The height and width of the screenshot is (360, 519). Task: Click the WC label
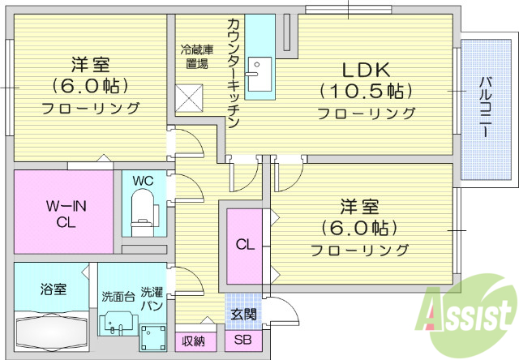coord(143,179)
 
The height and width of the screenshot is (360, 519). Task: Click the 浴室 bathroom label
coord(54,289)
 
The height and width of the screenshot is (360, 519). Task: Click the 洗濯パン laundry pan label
coord(152,299)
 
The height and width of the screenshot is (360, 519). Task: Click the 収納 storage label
coord(194,341)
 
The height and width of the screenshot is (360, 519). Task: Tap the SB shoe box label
coord(243,341)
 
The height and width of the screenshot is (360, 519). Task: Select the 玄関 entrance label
coord(243,314)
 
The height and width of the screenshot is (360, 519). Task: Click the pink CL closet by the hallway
coord(244,244)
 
